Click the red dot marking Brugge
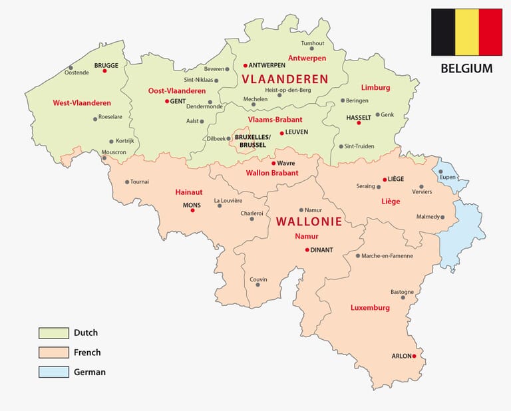[104, 70]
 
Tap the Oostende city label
[77, 72]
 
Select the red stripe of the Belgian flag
[490, 32]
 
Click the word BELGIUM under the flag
[466, 68]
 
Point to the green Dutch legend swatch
[53, 333]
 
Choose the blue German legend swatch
[53, 372]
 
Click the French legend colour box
[53, 352]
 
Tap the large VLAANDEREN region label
[285, 79]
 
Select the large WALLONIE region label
[309, 221]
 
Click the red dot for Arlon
[414, 356]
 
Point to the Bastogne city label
[402, 291]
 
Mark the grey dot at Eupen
[441, 171]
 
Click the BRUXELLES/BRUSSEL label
[251, 140]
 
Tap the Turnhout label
[312, 43]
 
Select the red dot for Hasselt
[359, 123]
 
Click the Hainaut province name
[188, 192]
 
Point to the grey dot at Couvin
[257, 285]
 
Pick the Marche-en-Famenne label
[397, 255]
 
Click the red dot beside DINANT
[307, 250]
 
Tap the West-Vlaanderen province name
[82, 103]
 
